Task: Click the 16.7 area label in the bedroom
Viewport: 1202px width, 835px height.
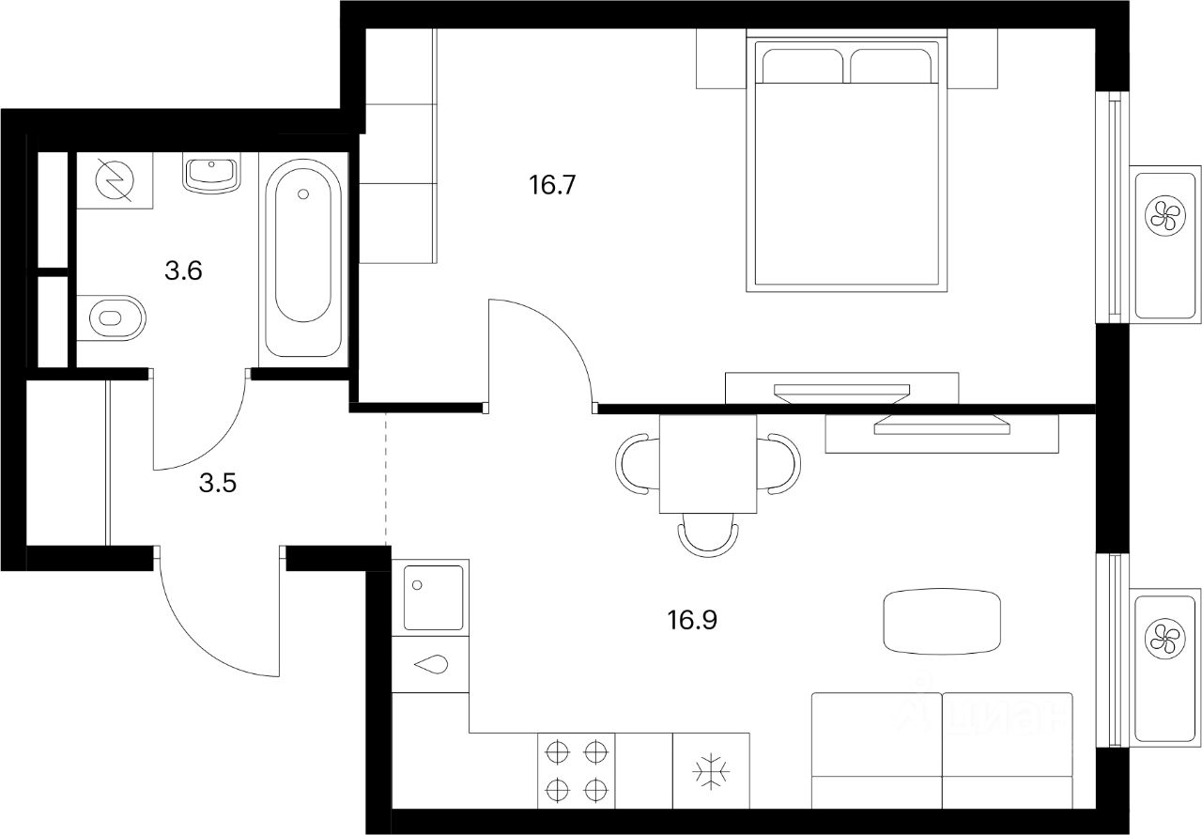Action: [x=551, y=185]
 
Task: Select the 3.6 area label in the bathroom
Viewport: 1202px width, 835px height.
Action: [x=184, y=271]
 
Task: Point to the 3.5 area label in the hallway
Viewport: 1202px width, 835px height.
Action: [x=217, y=484]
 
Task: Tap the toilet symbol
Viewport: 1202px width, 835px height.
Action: [x=113, y=317]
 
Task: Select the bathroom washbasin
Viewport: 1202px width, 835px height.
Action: [x=211, y=174]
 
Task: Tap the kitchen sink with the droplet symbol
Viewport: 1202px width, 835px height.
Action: [x=431, y=665]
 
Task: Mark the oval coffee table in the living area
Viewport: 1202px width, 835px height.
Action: [x=942, y=621]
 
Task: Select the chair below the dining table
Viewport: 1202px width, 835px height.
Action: [x=708, y=536]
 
